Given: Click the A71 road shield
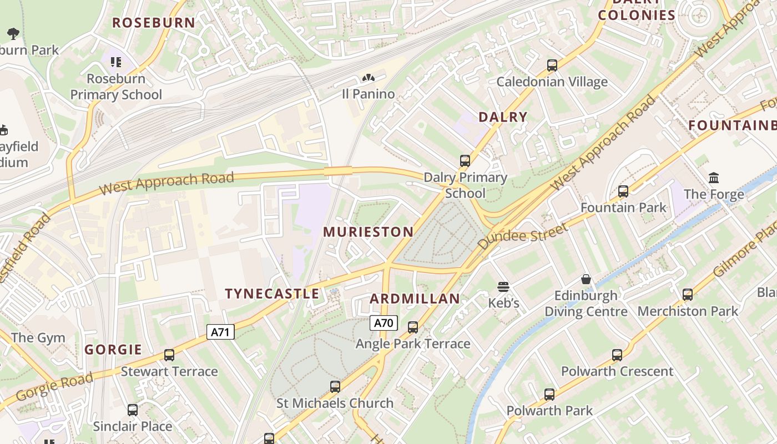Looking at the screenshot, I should click(x=220, y=332).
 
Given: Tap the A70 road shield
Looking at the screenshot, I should click(x=384, y=322).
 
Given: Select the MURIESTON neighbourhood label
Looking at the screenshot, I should click(x=368, y=232).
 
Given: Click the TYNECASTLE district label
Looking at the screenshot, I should click(x=272, y=294).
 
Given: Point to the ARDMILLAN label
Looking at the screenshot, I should click(x=415, y=299).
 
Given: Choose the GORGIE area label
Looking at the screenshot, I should click(x=113, y=350).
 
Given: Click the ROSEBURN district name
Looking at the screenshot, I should click(x=154, y=23).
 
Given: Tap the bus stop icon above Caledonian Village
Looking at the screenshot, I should click(x=552, y=65).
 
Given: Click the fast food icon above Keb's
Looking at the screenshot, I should click(x=503, y=287).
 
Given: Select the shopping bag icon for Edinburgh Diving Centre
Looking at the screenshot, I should click(x=586, y=279).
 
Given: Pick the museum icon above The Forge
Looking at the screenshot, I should click(x=714, y=178).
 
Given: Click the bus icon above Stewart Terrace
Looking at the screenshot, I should click(x=169, y=355).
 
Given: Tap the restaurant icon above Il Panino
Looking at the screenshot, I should click(x=368, y=78).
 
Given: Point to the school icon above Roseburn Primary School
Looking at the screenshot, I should click(x=115, y=62).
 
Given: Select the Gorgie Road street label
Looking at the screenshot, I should click(x=54, y=387).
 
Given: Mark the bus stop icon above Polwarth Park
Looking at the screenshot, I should click(x=549, y=395).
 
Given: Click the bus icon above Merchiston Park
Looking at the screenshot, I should click(x=687, y=295).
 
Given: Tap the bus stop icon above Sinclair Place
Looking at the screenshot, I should click(x=132, y=410).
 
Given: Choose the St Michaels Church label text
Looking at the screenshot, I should click(x=335, y=403).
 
